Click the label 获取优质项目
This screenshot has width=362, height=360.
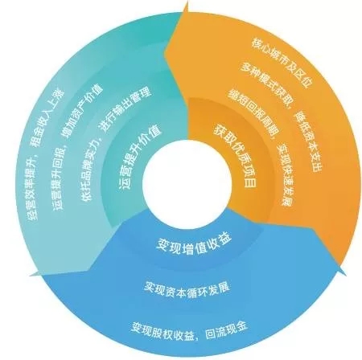tap(235, 156)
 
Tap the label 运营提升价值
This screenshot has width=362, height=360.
tap(139, 158)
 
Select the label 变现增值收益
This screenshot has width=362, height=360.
tap(194, 244)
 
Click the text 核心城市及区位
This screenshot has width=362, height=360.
tap(282, 62)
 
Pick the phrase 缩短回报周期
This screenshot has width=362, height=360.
tap(253, 109)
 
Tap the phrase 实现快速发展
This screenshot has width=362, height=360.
tap(284, 174)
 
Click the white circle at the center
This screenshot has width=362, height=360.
tap(187, 182)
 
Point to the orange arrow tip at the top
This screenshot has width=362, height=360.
tap(184, 6)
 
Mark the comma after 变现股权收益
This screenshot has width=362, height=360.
tap(198, 337)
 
